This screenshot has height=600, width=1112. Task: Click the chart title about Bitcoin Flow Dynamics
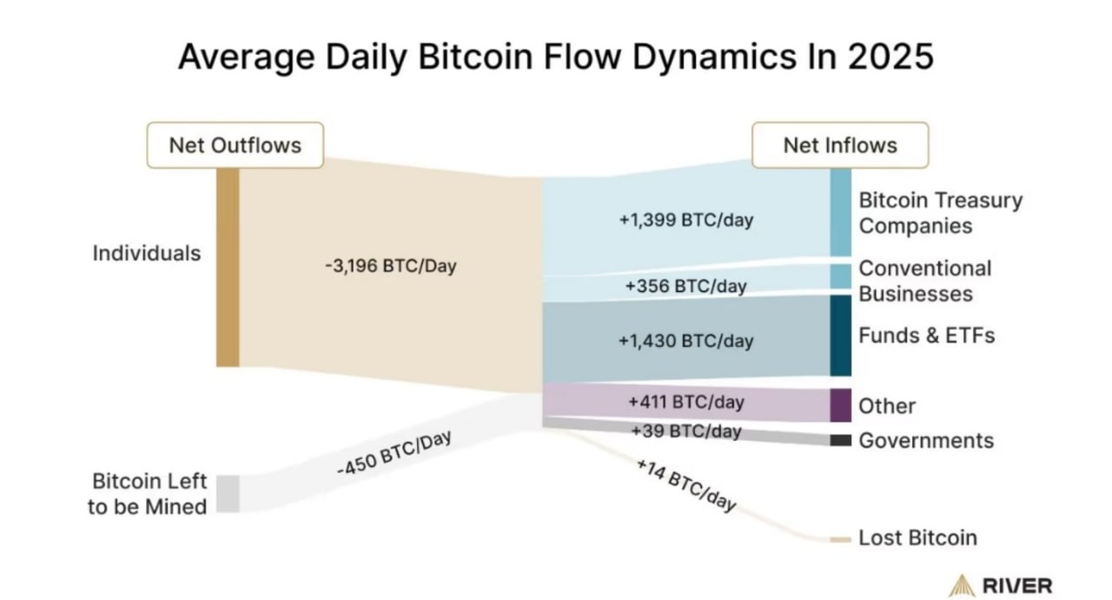point(556,57)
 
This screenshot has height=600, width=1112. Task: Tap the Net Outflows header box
point(235,144)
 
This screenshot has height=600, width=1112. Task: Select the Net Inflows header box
point(839,144)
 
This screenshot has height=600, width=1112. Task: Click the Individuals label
point(147,253)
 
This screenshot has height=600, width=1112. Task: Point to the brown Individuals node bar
point(228,267)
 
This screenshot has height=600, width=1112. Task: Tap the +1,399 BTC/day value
point(685,220)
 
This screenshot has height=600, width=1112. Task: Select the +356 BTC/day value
point(685,285)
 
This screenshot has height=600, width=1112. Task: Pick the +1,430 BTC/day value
point(685,341)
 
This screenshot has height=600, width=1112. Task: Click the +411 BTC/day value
point(685,403)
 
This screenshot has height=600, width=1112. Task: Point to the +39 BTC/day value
point(685,430)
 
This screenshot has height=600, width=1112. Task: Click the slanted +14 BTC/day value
point(686,485)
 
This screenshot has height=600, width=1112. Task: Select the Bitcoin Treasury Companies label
point(940,213)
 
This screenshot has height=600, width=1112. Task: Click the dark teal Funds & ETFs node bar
point(840,335)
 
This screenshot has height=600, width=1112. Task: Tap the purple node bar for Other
point(840,405)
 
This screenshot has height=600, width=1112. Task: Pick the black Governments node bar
point(840,440)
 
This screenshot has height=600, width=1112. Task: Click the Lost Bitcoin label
point(917,538)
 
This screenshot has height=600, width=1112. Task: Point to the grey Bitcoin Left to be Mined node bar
point(228,493)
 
